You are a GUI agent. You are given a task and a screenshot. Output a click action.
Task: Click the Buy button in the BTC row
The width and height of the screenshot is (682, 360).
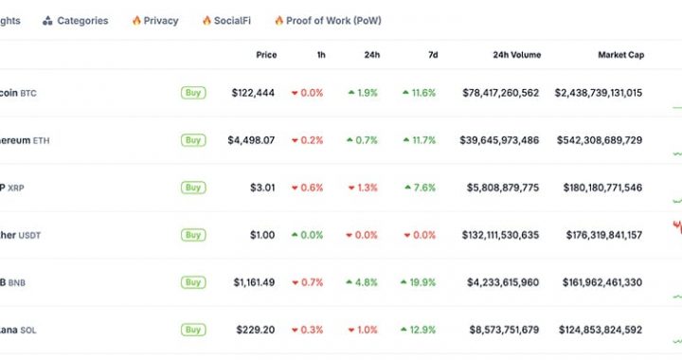pyautogui.click(x=193, y=93)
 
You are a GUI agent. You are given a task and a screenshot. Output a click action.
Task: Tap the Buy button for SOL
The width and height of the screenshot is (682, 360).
pyautogui.click(x=193, y=330)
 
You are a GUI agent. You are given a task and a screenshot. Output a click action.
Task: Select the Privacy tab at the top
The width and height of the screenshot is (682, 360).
pyautogui.click(x=155, y=21)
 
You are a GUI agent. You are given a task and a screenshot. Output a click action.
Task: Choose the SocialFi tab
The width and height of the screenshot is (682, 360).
pyautogui.click(x=226, y=21)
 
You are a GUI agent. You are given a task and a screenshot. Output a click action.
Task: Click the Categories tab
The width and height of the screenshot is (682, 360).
pyautogui.click(x=76, y=21)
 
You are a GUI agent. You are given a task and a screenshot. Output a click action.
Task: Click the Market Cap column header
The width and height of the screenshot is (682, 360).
pyautogui.click(x=620, y=55)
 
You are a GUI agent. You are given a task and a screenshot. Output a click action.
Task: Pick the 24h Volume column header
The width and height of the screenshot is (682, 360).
pyautogui.click(x=516, y=55)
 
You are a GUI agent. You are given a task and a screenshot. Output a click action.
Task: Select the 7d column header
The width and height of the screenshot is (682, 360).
pyautogui.click(x=432, y=55)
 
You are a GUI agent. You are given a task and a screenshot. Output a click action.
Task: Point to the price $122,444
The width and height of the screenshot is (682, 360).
pyautogui.click(x=253, y=93)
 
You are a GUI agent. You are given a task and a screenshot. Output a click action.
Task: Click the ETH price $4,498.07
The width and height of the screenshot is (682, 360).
pyautogui.click(x=251, y=140)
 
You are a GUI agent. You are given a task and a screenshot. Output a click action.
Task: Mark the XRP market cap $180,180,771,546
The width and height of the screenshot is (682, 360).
pyautogui.click(x=601, y=188)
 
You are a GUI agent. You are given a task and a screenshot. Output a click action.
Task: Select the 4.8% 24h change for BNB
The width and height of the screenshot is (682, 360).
pyautogui.click(x=365, y=282)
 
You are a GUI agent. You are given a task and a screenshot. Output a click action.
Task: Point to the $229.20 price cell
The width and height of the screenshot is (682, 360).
pyautogui.click(x=256, y=330)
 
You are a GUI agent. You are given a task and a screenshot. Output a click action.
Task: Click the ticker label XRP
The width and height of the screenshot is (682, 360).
pyautogui.click(x=16, y=188)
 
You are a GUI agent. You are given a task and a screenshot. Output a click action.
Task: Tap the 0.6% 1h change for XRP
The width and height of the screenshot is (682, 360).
pyautogui.click(x=308, y=188)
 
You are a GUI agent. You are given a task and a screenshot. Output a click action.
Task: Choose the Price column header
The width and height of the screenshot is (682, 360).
pyautogui.click(x=266, y=55)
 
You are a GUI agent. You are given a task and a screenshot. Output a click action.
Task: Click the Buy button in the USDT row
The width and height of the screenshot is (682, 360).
pyautogui.click(x=193, y=235)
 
